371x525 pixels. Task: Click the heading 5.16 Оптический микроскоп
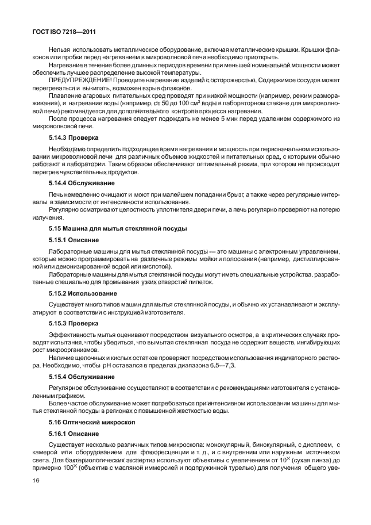pos(92,422)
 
